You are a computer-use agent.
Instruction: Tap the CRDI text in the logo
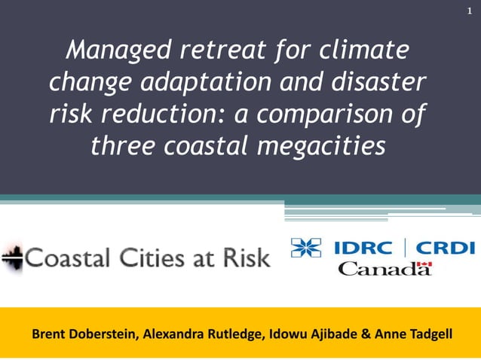(446, 248)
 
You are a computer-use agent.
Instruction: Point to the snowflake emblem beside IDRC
(305, 248)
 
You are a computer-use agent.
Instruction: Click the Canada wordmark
(384, 269)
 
